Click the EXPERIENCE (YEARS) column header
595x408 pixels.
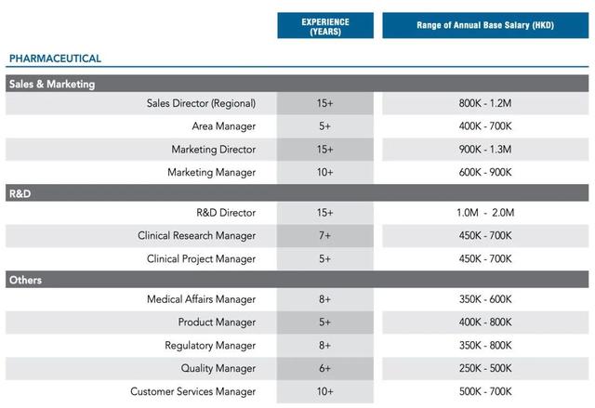click(325, 26)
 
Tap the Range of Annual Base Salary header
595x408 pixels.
click(485, 25)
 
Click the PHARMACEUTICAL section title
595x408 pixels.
click(55, 59)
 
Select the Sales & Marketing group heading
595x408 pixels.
click(52, 85)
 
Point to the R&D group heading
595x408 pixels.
click(20, 193)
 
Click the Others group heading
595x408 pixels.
click(25, 281)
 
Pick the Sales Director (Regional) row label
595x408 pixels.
click(201, 103)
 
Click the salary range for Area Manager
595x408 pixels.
click(485, 125)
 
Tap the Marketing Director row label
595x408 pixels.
click(213, 150)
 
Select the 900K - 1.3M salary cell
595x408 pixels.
click(485, 150)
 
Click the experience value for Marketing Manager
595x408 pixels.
click(324, 173)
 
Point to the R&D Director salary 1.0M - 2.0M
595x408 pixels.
click(485, 213)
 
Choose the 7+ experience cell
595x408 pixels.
click(324, 236)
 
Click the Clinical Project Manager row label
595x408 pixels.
click(201, 259)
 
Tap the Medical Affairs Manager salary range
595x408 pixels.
click(485, 299)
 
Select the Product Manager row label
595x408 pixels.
click(217, 322)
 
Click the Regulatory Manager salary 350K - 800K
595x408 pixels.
click(485, 346)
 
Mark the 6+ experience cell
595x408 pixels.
click(324, 369)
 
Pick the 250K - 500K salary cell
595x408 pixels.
click(485, 369)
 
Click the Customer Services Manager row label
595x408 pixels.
click(192, 391)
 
